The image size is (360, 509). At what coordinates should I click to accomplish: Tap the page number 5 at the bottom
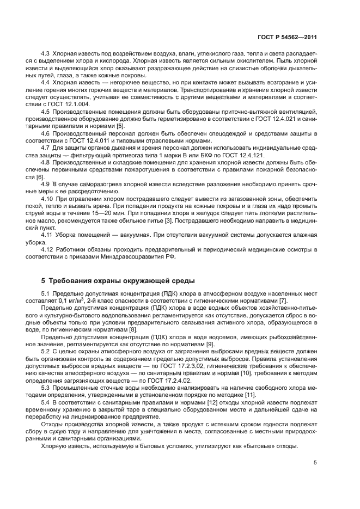(x=316, y=463)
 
